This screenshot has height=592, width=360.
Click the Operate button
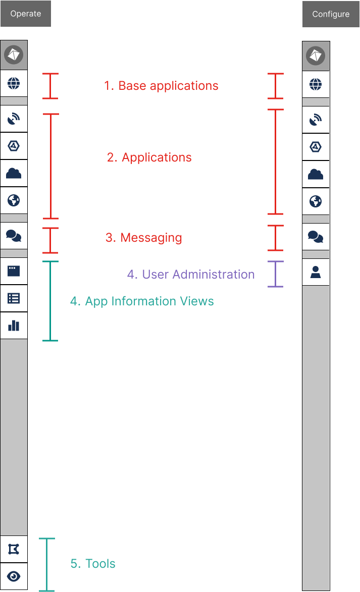[26, 14]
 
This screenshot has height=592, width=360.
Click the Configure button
[331, 14]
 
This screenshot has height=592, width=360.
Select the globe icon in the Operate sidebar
[14, 83]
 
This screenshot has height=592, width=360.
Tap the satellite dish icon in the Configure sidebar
[316, 120]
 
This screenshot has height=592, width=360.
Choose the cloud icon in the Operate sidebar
[14, 174]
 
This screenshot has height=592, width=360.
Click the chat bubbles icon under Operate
[14, 235]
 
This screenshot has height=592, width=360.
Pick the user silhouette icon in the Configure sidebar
[316, 273]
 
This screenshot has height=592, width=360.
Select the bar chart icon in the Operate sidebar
[14, 326]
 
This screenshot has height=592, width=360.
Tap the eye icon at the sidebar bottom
[14, 576]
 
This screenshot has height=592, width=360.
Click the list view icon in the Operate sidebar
[14, 298]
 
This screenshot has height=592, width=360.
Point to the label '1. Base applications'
[161, 86]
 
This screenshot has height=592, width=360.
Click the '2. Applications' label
[149, 157]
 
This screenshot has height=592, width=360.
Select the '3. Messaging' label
[143, 238]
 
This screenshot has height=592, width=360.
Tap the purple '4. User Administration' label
[191, 275]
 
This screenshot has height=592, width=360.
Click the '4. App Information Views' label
[142, 301]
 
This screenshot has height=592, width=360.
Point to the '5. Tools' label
[93, 564]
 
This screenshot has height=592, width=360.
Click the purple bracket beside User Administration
[275, 274]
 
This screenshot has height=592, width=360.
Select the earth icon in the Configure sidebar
[316, 202]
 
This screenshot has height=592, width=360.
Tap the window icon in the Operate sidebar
[14, 271]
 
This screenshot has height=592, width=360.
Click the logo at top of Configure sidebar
[316, 56]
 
